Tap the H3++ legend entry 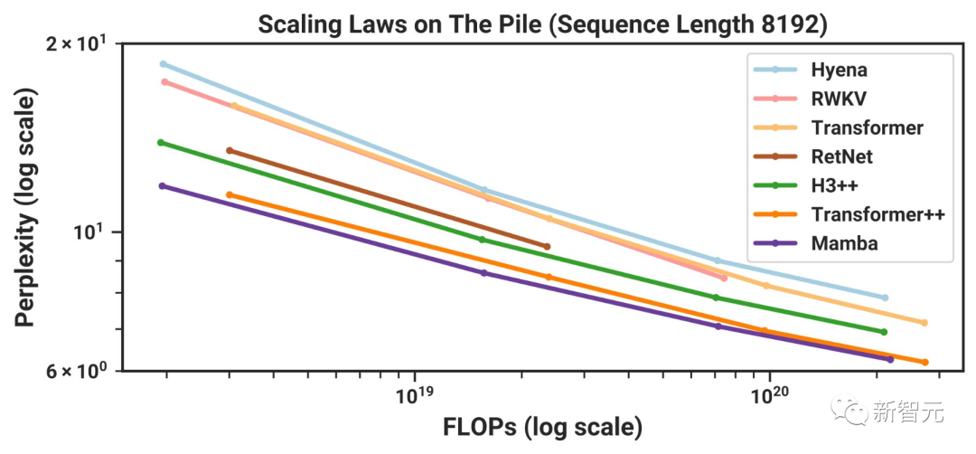coord(834,185)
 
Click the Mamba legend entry coord(844,243)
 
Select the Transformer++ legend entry coord(877,214)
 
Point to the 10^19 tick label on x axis coord(414,396)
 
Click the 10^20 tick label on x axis coord(768,396)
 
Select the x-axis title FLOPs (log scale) coord(542,426)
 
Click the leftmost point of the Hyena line coord(163,64)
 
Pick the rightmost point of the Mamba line coord(890,360)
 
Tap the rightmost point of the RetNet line coord(547,246)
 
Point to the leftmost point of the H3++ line coord(161,142)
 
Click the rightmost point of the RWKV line coord(724,278)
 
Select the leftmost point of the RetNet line coord(229,150)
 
